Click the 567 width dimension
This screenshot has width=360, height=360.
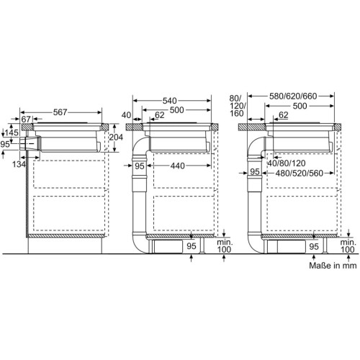click(60, 112)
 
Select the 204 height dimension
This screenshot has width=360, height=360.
click(116, 138)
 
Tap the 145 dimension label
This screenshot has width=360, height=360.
click(12, 132)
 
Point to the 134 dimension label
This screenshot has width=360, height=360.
click(19, 164)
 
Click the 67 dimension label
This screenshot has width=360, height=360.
click(26, 119)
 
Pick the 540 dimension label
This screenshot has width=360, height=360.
click(169, 101)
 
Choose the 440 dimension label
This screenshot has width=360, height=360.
click(178, 166)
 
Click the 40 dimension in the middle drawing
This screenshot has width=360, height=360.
click(126, 115)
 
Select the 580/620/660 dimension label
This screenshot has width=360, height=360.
click(293, 96)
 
